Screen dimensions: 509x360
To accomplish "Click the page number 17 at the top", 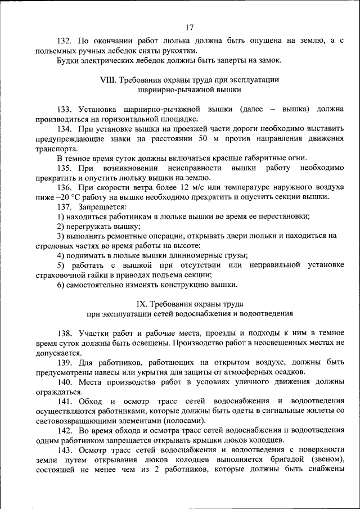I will click(188, 27).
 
